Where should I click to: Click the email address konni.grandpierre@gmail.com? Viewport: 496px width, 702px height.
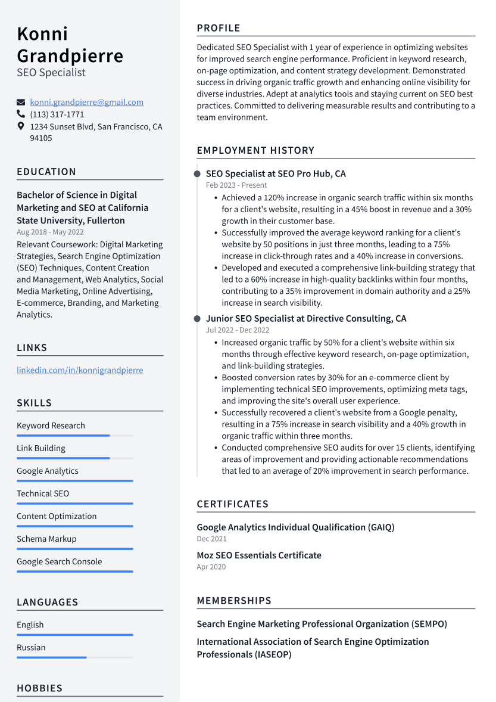(86, 102)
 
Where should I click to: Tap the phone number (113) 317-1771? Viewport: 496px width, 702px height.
(57, 114)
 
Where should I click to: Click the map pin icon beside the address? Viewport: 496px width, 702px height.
(21, 126)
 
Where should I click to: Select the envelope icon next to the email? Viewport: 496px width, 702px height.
(21, 102)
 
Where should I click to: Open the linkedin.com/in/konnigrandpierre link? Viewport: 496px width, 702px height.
(80, 370)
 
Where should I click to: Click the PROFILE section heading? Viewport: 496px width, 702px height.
(219, 28)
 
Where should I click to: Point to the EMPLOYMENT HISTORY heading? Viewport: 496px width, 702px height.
(255, 150)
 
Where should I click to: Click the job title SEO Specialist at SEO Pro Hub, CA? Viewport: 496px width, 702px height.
(276, 174)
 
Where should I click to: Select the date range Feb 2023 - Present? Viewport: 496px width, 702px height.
(236, 185)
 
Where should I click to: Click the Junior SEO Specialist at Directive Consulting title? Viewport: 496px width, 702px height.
(306, 319)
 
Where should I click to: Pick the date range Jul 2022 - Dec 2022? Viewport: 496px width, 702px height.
(238, 330)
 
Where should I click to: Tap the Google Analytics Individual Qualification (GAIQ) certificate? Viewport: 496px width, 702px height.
(295, 527)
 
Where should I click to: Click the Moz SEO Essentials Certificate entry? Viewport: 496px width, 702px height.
(259, 555)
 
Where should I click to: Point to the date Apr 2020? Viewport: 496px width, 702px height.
(211, 567)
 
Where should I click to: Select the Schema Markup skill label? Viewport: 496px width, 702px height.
(46, 539)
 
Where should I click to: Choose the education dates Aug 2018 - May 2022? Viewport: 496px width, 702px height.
(50, 232)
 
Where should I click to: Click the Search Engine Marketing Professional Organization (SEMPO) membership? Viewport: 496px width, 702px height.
(322, 624)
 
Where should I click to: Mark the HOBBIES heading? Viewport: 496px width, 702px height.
(39, 688)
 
